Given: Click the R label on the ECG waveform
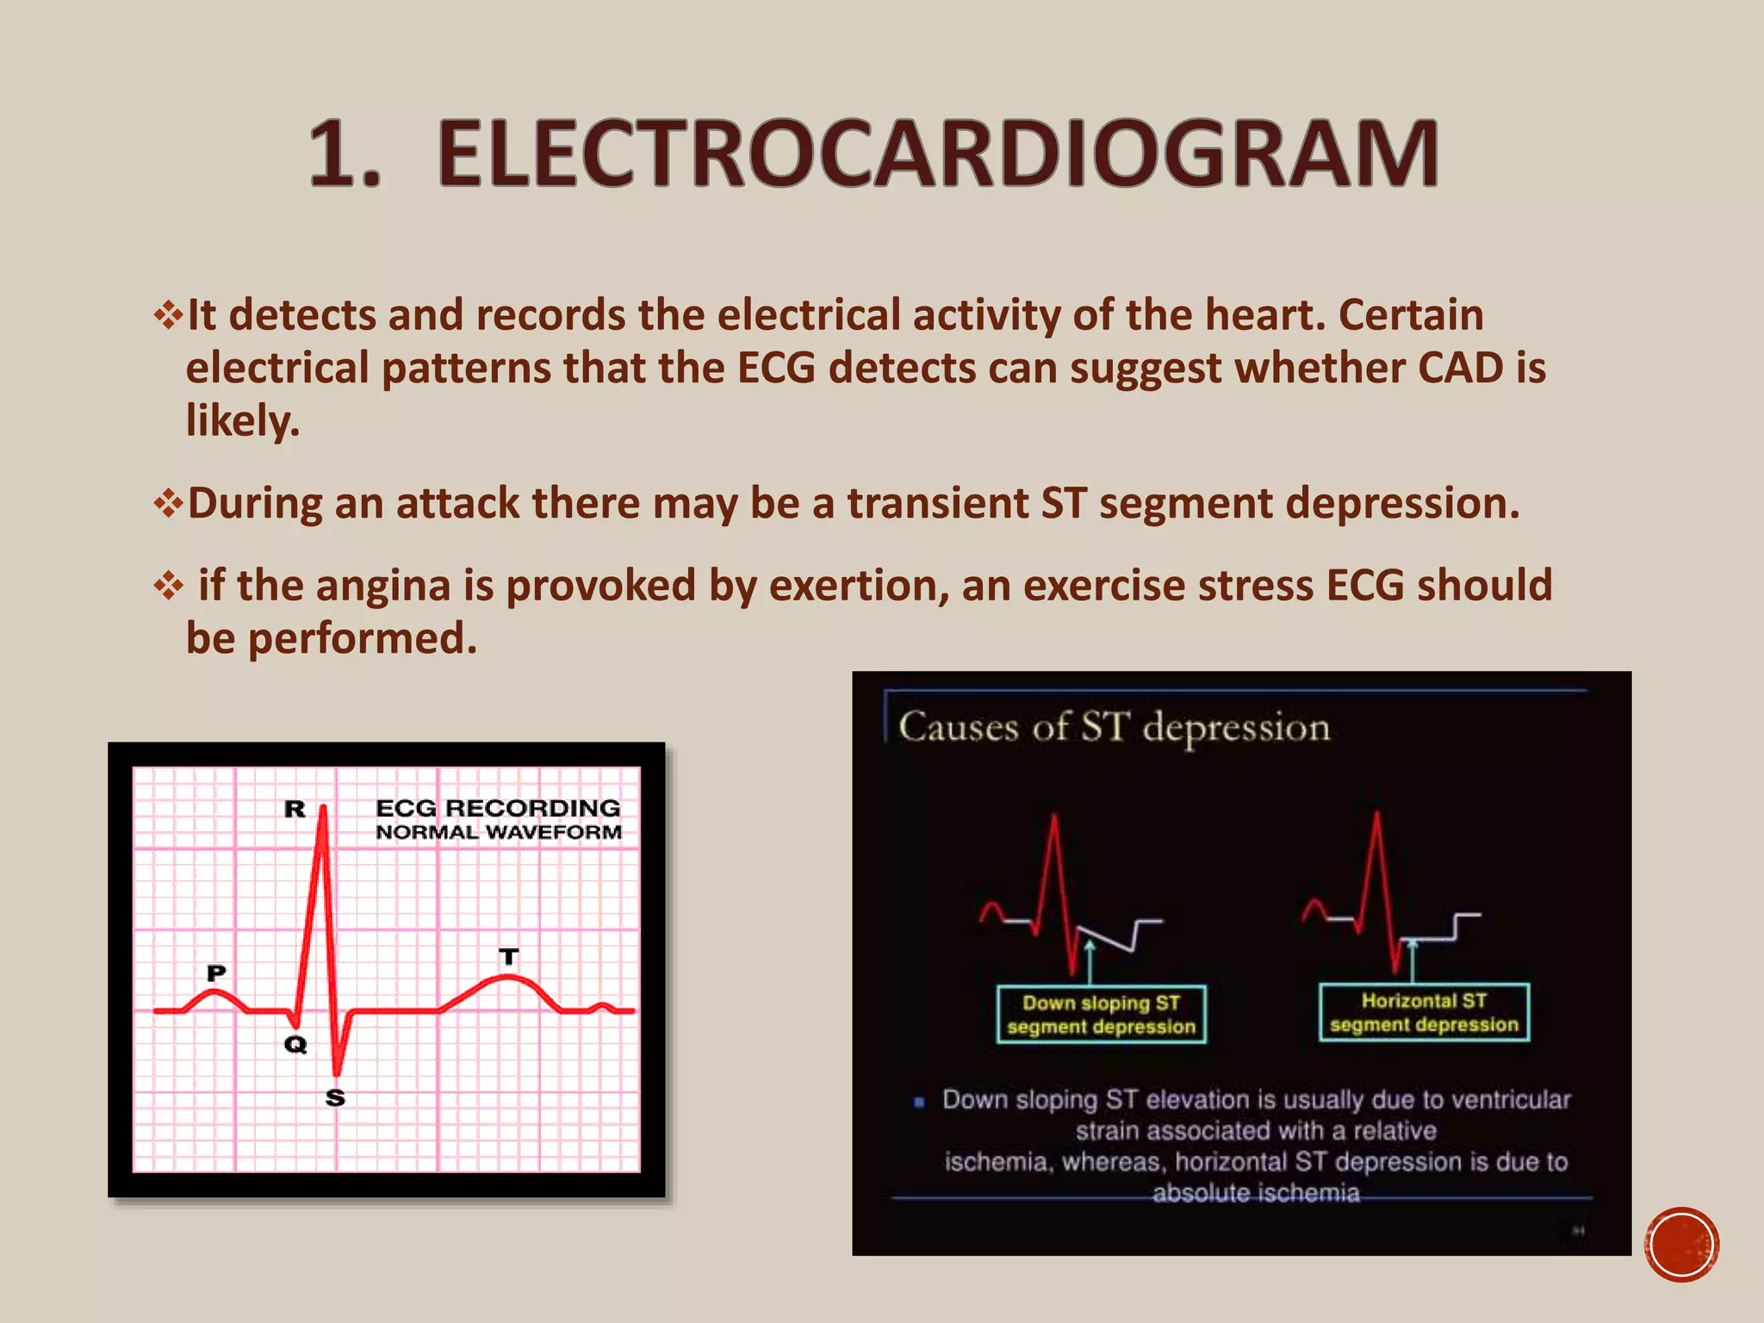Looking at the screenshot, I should tap(295, 809).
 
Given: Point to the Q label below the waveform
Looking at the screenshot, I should tap(295, 1044).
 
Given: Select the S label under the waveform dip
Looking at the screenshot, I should tap(335, 1097).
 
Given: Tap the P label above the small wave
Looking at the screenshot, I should tap(216, 972).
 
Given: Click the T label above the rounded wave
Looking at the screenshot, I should tap(509, 956).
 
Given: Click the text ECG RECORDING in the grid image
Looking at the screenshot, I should tap(498, 808).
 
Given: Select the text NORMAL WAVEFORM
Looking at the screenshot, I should tap(498, 832).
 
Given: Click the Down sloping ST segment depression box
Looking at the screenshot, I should tap(1101, 1015).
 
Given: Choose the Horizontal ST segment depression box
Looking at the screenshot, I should tap(1424, 1012).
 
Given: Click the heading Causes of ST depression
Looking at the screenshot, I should tap(1114, 727).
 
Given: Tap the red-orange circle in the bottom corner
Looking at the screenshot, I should tap(1680, 1244).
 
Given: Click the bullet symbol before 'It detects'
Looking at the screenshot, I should tap(168, 315).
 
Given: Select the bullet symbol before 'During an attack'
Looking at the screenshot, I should tap(168, 504).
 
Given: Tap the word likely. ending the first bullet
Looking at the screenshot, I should tap(242, 421).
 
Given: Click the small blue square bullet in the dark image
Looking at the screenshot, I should tap(919, 1102).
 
